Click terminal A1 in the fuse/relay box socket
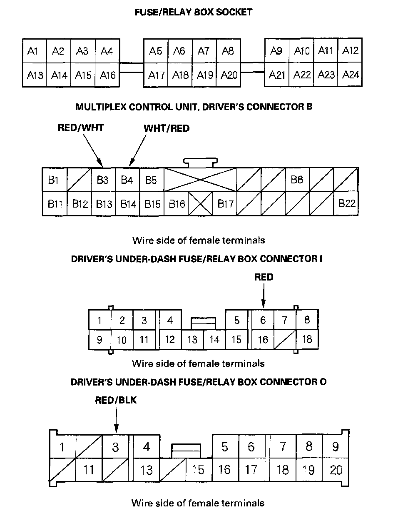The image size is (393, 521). point(33,51)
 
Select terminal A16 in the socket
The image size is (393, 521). point(107,75)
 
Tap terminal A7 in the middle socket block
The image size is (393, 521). point(204,51)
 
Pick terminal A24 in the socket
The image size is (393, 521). point(351,75)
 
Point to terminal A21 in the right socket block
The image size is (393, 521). point(277,75)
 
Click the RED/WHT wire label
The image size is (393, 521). point(81,128)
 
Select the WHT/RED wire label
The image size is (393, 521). point(167,128)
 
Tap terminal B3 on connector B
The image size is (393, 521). point(102,180)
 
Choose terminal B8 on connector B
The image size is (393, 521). point(297,180)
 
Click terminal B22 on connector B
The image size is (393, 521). point(346,204)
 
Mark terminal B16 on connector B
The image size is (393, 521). point(177,204)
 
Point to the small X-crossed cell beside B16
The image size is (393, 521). point(200,204)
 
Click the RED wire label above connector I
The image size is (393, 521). point(264,277)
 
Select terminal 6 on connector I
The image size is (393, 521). point(263,321)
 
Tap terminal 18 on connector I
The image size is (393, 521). point(307,339)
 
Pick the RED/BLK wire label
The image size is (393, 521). point(116,401)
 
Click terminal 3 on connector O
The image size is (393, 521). point(115,447)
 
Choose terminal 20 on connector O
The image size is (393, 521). point(336,470)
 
